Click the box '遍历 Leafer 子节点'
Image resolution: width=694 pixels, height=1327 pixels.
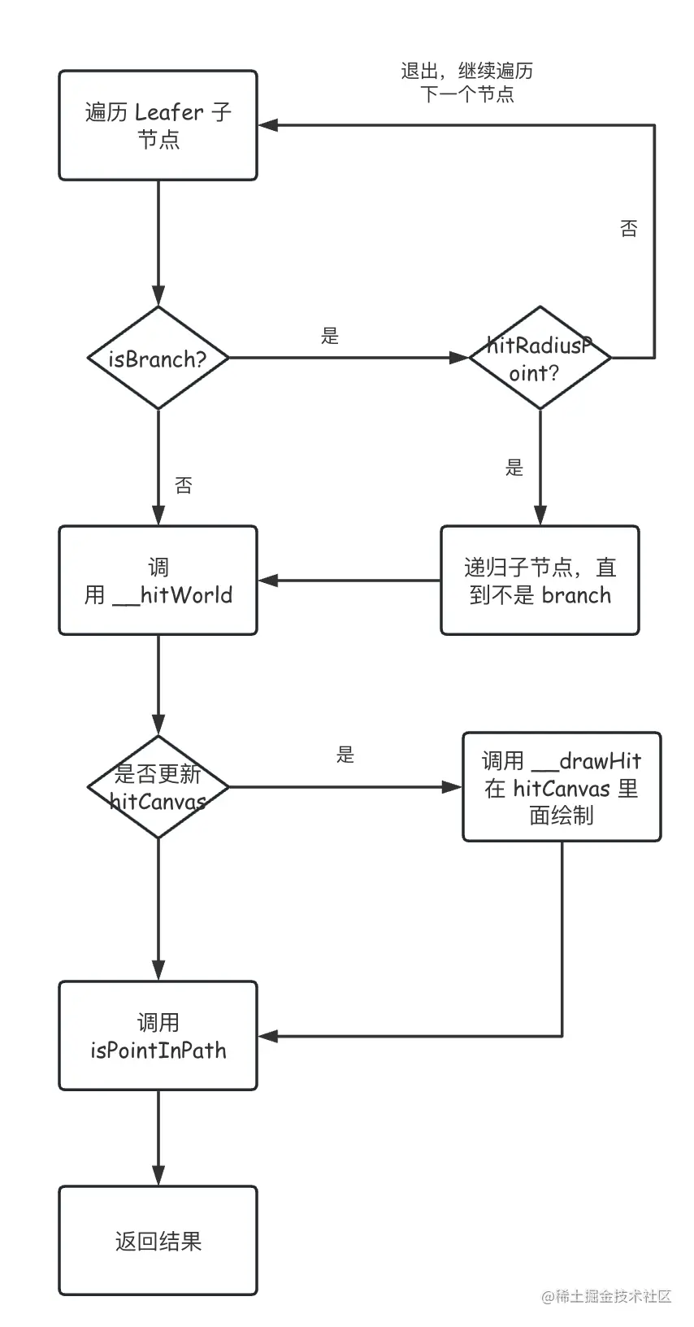click(158, 125)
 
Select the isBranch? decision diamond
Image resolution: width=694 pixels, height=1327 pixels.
click(158, 358)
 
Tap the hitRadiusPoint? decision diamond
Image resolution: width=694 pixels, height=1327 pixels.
click(540, 358)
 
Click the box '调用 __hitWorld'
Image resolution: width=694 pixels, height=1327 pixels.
click(158, 581)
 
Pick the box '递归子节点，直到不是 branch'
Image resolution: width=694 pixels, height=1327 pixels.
click(540, 581)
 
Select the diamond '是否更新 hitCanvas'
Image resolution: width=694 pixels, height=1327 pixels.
click(158, 787)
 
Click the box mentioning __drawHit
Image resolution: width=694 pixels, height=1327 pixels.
click(562, 787)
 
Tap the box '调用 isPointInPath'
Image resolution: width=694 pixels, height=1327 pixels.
click(158, 1036)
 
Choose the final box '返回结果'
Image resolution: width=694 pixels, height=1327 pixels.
click(158, 1241)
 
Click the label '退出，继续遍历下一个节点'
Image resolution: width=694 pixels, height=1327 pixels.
click(467, 82)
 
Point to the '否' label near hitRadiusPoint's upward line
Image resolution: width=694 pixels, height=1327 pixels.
click(628, 228)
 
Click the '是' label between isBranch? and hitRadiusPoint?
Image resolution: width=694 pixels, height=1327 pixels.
click(330, 336)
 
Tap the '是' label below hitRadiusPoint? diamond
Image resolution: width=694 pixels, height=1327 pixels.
click(514, 468)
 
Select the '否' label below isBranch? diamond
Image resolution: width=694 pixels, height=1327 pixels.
click(184, 486)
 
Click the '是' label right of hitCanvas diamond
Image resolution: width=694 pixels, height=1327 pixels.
click(345, 755)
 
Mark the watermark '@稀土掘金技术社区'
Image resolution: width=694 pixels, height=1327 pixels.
click(607, 1296)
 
